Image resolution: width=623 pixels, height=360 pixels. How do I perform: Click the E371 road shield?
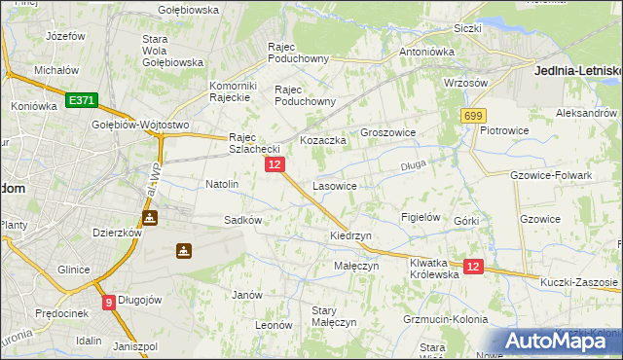point(81,100)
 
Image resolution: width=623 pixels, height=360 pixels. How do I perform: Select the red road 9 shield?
point(108,302)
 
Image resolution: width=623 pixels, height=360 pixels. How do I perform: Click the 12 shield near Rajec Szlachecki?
point(275,165)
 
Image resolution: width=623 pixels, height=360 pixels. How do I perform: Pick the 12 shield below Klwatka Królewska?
point(473,267)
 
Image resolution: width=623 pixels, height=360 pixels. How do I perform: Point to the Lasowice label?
point(334,185)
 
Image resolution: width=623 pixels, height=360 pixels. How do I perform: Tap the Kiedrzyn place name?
point(350,236)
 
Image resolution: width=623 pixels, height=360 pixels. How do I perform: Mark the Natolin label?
point(222,183)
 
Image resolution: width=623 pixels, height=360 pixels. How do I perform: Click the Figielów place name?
point(421,217)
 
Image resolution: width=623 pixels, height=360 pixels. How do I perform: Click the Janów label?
point(247,294)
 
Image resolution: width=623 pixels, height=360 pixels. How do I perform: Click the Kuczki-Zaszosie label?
point(577,282)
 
